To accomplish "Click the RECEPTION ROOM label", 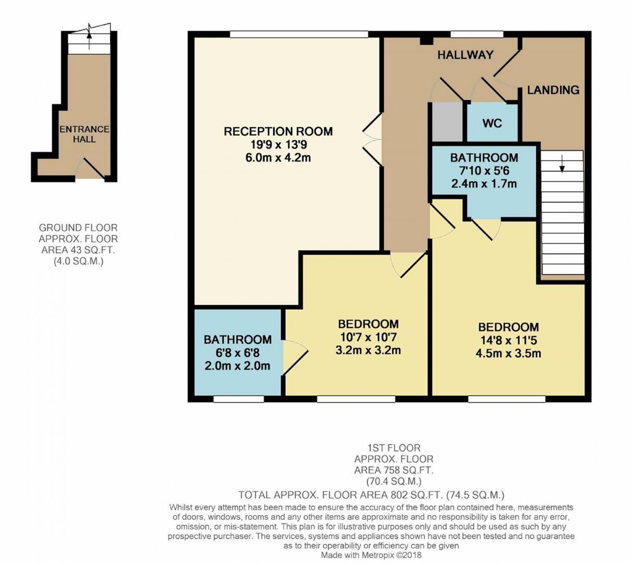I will click(278, 131).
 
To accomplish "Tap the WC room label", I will click(492, 123).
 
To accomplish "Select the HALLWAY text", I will click(465, 55).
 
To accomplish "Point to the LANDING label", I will click(553, 90).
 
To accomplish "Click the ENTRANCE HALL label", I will click(84, 134).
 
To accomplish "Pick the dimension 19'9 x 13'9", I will click(278, 145).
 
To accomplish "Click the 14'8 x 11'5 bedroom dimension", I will click(508, 340).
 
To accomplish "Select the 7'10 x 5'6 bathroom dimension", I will click(484, 171).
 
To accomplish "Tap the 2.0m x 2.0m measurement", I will click(237, 366).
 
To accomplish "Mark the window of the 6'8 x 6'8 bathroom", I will click(239, 399).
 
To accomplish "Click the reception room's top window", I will click(299, 34).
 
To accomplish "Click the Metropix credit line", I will click(371, 556).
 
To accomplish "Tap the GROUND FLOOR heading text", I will click(78, 228).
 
